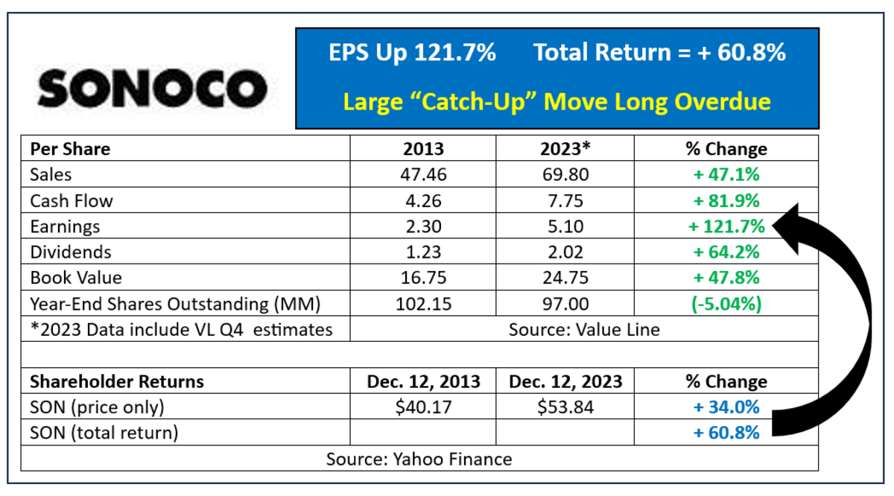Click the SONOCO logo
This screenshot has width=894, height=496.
[x=153, y=89]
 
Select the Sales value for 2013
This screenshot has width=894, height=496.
[x=423, y=175]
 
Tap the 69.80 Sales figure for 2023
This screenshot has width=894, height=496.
[x=565, y=175]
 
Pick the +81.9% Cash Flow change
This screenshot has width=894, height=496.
[x=726, y=201]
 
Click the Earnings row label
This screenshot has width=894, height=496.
[x=65, y=226]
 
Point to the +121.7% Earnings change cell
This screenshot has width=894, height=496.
[x=726, y=226]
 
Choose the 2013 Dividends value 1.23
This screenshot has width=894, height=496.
[x=423, y=252]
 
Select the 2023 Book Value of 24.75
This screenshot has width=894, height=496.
[x=565, y=278]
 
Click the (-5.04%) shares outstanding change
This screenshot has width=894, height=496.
[x=726, y=304]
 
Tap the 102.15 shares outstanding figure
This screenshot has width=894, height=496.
[x=423, y=304]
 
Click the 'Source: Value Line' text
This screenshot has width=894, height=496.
[x=584, y=330]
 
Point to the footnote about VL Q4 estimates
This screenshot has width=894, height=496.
[x=182, y=330]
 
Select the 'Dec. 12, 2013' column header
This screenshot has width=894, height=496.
[x=423, y=382]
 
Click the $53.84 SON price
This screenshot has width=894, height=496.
[x=565, y=407]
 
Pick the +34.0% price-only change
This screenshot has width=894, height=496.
[x=726, y=407]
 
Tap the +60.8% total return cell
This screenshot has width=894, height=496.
[x=726, y=433]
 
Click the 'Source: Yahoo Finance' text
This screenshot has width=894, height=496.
[x=419, y=460]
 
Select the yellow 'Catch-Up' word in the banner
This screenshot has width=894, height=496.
[x=473, y=102]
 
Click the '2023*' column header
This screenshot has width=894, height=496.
[x=565, y=149]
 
